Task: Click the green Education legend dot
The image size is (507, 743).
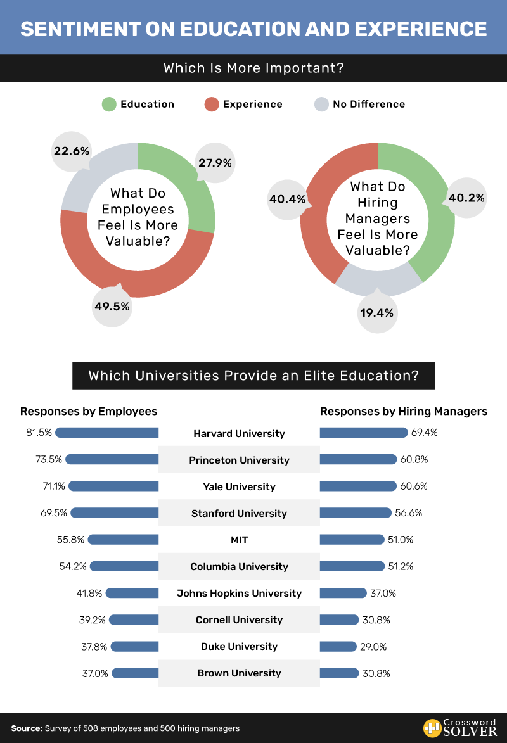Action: [109, 105]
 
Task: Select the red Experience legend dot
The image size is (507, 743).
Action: [211, 105]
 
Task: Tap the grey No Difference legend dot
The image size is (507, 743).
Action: [322, 105]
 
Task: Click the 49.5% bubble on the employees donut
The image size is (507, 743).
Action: [112, 307]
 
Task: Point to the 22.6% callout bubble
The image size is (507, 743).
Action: [71, 151]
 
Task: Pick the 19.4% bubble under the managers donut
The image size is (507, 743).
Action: [378, 312]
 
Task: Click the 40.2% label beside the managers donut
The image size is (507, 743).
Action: [466, 198]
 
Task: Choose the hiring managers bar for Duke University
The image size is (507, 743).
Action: [338, 647]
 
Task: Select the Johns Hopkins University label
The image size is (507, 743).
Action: [239, 594]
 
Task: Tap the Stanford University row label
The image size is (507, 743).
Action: [239, 514]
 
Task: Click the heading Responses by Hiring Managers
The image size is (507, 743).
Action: [404, 412]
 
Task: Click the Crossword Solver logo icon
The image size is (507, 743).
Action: [433, 728]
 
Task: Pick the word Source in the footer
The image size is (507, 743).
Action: [26, 728]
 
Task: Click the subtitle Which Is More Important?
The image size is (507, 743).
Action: [253, 68]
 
